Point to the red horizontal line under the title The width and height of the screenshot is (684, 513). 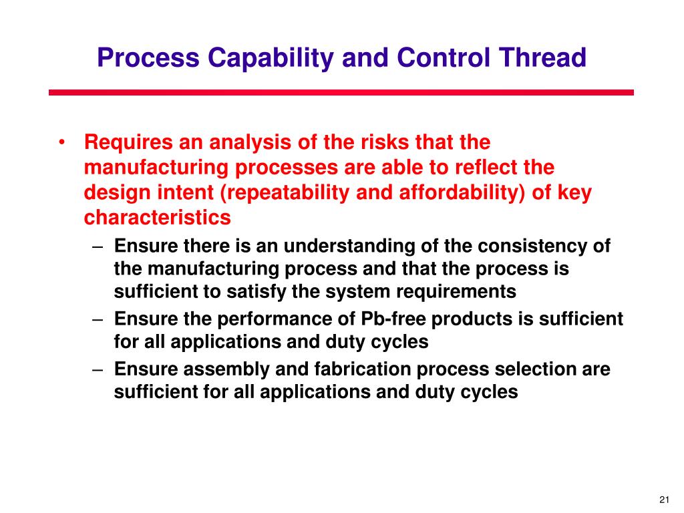341,93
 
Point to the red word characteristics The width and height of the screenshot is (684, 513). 158,218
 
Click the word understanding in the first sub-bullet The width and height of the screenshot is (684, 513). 350,246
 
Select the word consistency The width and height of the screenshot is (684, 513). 521,246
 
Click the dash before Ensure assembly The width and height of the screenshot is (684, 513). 98,369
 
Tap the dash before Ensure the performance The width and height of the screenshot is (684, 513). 98,319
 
